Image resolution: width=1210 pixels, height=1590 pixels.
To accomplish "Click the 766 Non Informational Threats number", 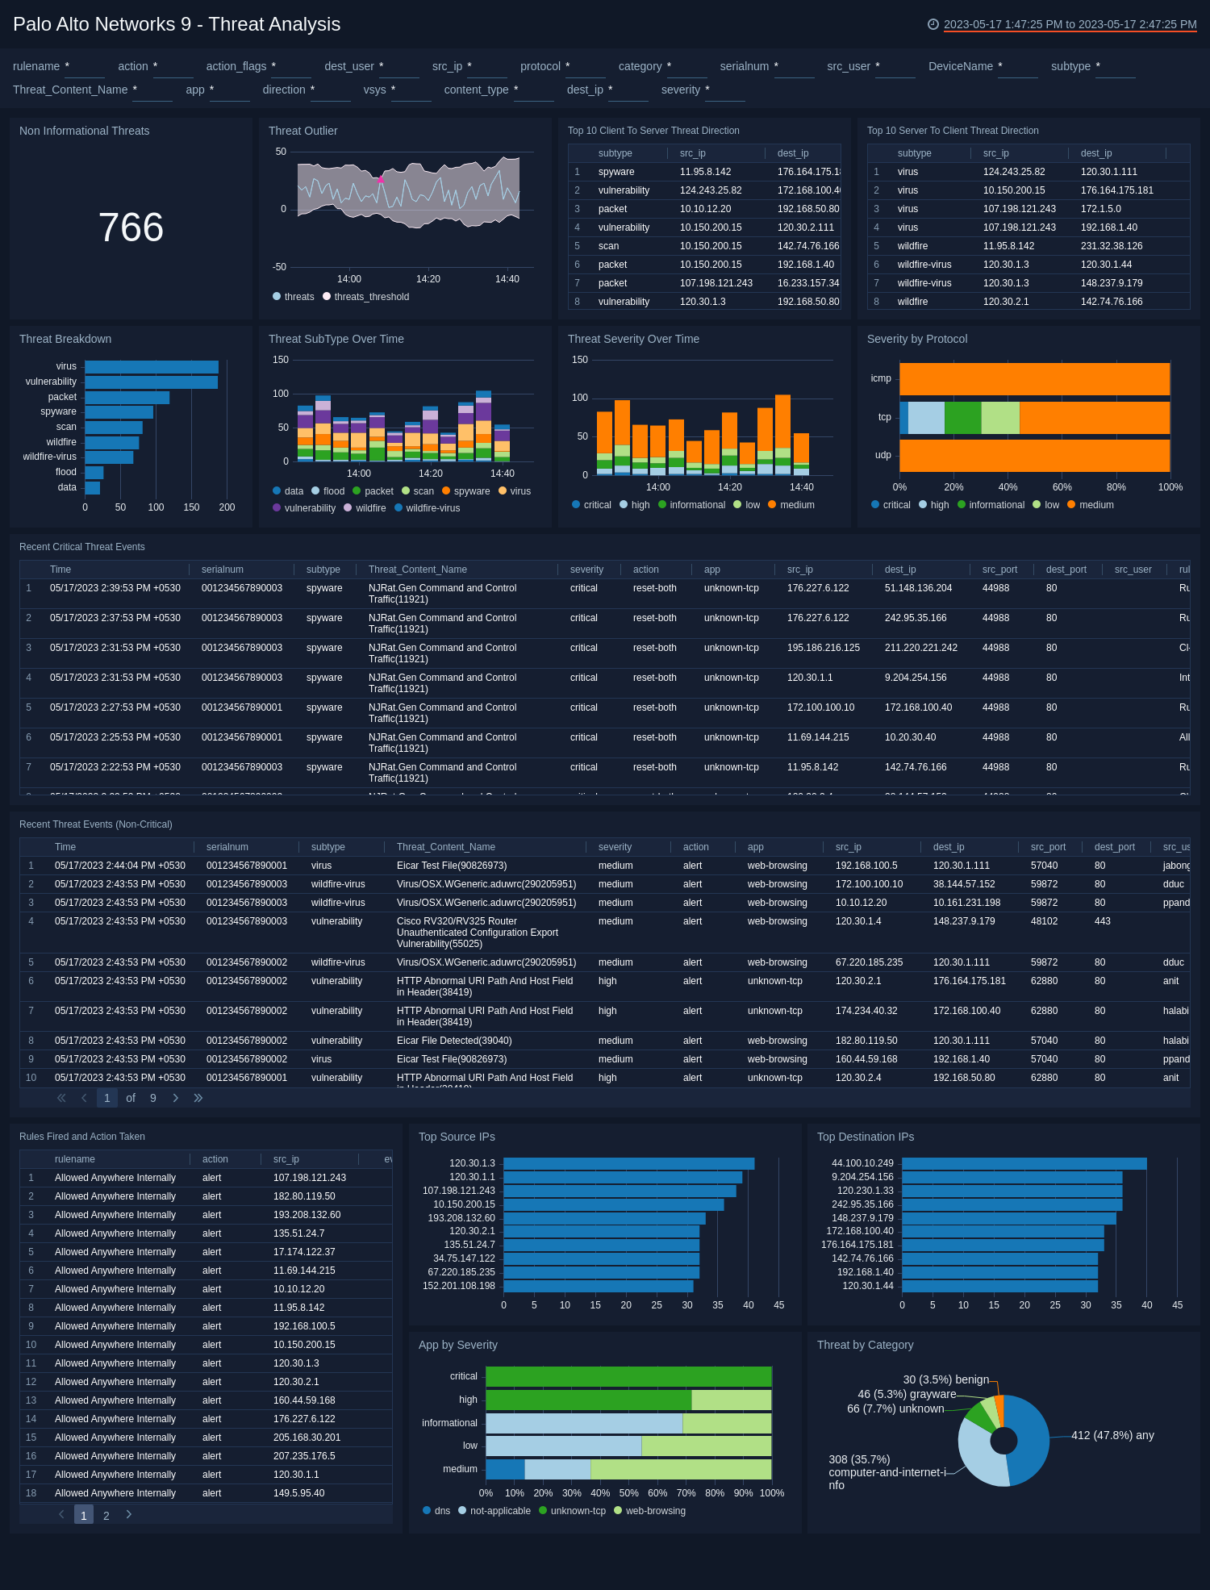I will [x=131, y=227].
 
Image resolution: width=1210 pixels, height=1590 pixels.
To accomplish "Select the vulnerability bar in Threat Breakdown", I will [x=151, y=382].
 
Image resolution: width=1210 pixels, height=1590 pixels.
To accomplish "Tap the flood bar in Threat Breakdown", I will [x=94, y=473].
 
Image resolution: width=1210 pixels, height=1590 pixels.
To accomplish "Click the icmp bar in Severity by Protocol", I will [x=1034, y=379].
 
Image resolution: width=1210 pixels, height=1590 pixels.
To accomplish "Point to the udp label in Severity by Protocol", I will [x=883, y=456].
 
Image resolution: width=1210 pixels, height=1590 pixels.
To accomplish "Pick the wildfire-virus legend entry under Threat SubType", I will [x=432, y=508].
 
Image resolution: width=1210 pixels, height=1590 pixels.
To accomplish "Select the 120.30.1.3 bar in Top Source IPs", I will [x=628, y=1164].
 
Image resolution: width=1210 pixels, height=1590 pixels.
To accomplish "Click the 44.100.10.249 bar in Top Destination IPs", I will [x=1024, y=1164].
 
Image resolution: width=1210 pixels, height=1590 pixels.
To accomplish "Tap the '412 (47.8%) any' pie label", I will [x=1112, y=1436].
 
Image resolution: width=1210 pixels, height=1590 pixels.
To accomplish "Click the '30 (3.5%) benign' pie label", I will [x=945, y=1380].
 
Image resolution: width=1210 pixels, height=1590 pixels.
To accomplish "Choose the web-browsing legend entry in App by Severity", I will [x=655, y=1512].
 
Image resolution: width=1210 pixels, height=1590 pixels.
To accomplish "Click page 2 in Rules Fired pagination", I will [x=106, y=1516].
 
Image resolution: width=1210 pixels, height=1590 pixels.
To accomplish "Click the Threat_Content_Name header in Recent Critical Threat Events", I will [x=418, y=570].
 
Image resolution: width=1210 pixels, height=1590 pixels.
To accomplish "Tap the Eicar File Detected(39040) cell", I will [x=454, y=1041].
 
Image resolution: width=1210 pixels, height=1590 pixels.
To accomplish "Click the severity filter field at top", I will [x=724, y=90].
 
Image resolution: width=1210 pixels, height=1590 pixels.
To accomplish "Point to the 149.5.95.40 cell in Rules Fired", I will [x=298, y=1494].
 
